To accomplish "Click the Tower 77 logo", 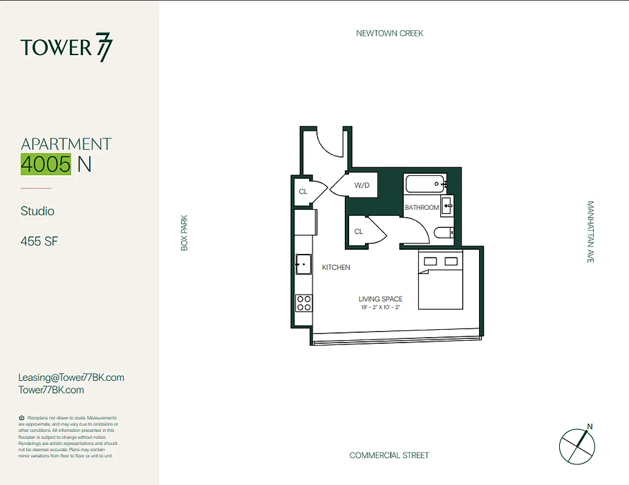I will [67, 48].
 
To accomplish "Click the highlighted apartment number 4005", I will [46, 164].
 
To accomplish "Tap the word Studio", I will [38, 211].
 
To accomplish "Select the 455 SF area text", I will [39, 241].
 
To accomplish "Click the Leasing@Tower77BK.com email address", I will [71, 377].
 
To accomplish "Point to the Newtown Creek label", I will [390, 33].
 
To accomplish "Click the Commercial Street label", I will [389, 455].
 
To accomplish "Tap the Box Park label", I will [185, 233].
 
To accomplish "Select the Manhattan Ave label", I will [590, 232].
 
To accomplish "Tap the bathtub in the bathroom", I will [425, 183].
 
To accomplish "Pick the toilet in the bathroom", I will [443, 232].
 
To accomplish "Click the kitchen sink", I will [304, 264].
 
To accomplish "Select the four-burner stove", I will [304, 303].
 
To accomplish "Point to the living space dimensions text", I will [380, 307].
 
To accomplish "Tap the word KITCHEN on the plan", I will [336, 267].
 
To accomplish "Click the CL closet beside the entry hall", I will [303, 192].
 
